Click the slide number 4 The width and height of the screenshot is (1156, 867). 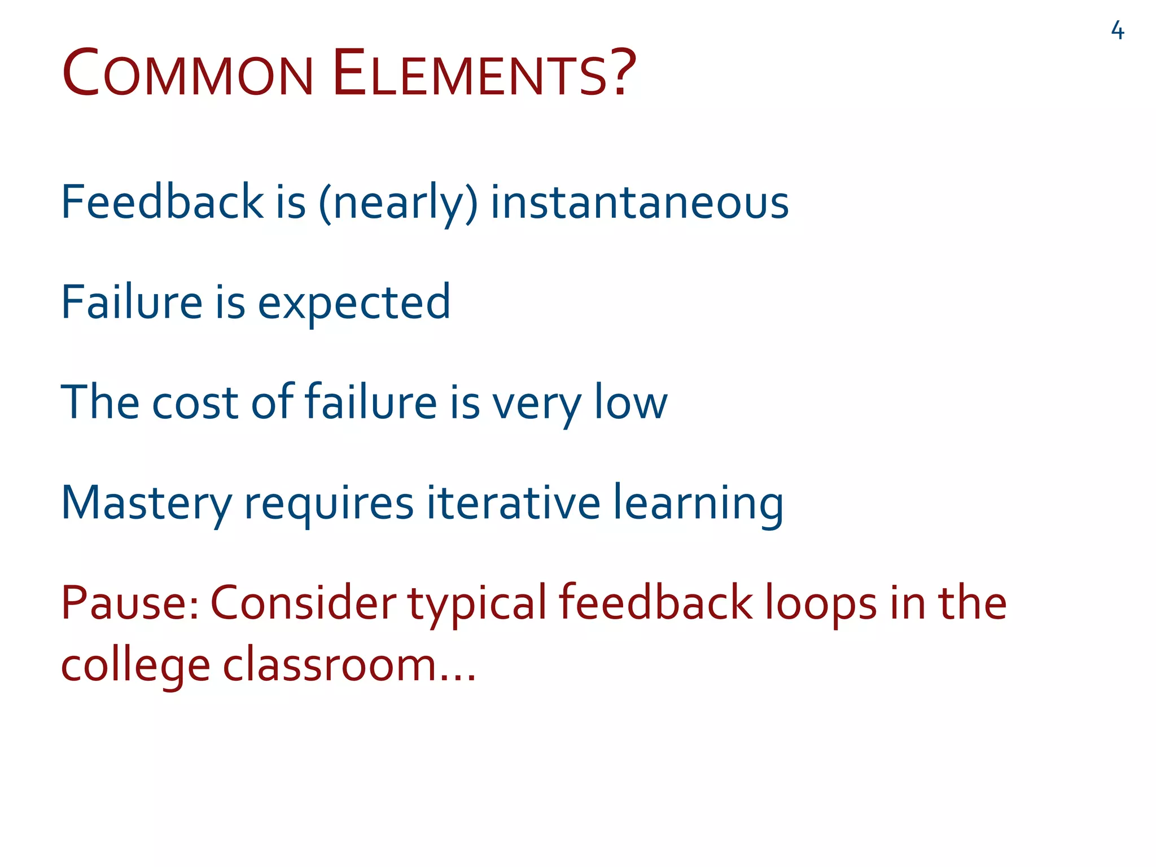(x=1117, y=30)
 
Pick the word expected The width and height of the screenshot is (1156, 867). (x=354, y=304)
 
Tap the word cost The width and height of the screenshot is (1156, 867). (x=195, y=403)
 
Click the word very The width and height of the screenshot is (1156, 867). (x=536, y=405)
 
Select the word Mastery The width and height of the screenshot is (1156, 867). (x=146, y=504)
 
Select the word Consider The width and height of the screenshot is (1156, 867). (x=303, y=603)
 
